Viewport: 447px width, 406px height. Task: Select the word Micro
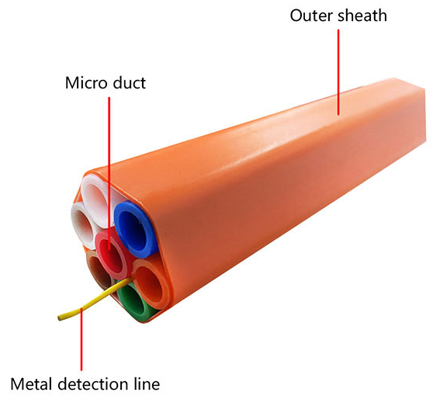click(x=87, y=83)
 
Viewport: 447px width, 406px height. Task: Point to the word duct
click(x=130, y=83)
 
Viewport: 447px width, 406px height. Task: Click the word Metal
click(x=32, y=383)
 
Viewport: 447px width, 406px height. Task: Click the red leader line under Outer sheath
click(x=338, y=72)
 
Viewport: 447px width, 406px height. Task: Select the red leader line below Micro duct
click(x=109, y=174)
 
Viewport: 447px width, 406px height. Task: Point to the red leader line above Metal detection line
click(x=81, y=339)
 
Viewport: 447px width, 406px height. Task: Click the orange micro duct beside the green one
click(x=151, y=283)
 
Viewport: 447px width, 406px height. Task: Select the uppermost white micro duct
click(x=95, y=200)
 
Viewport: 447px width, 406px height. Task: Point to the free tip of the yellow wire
click(x=59, y=318)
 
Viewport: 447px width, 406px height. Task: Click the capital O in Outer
click(x=296, y=16)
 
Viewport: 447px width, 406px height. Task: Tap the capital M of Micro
click(x=72, y=83)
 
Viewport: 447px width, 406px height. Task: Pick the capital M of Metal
click(x=17, y=384)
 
